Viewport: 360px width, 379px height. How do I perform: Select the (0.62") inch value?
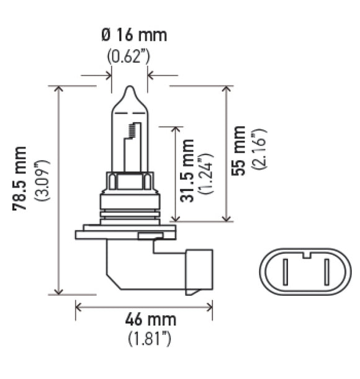[128, 56]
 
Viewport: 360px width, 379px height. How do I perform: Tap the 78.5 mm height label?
[21, 179]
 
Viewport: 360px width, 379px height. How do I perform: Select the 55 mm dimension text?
[238, 150]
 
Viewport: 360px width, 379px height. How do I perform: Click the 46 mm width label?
[150, 320]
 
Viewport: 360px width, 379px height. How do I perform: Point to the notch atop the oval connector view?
[305, 253]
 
